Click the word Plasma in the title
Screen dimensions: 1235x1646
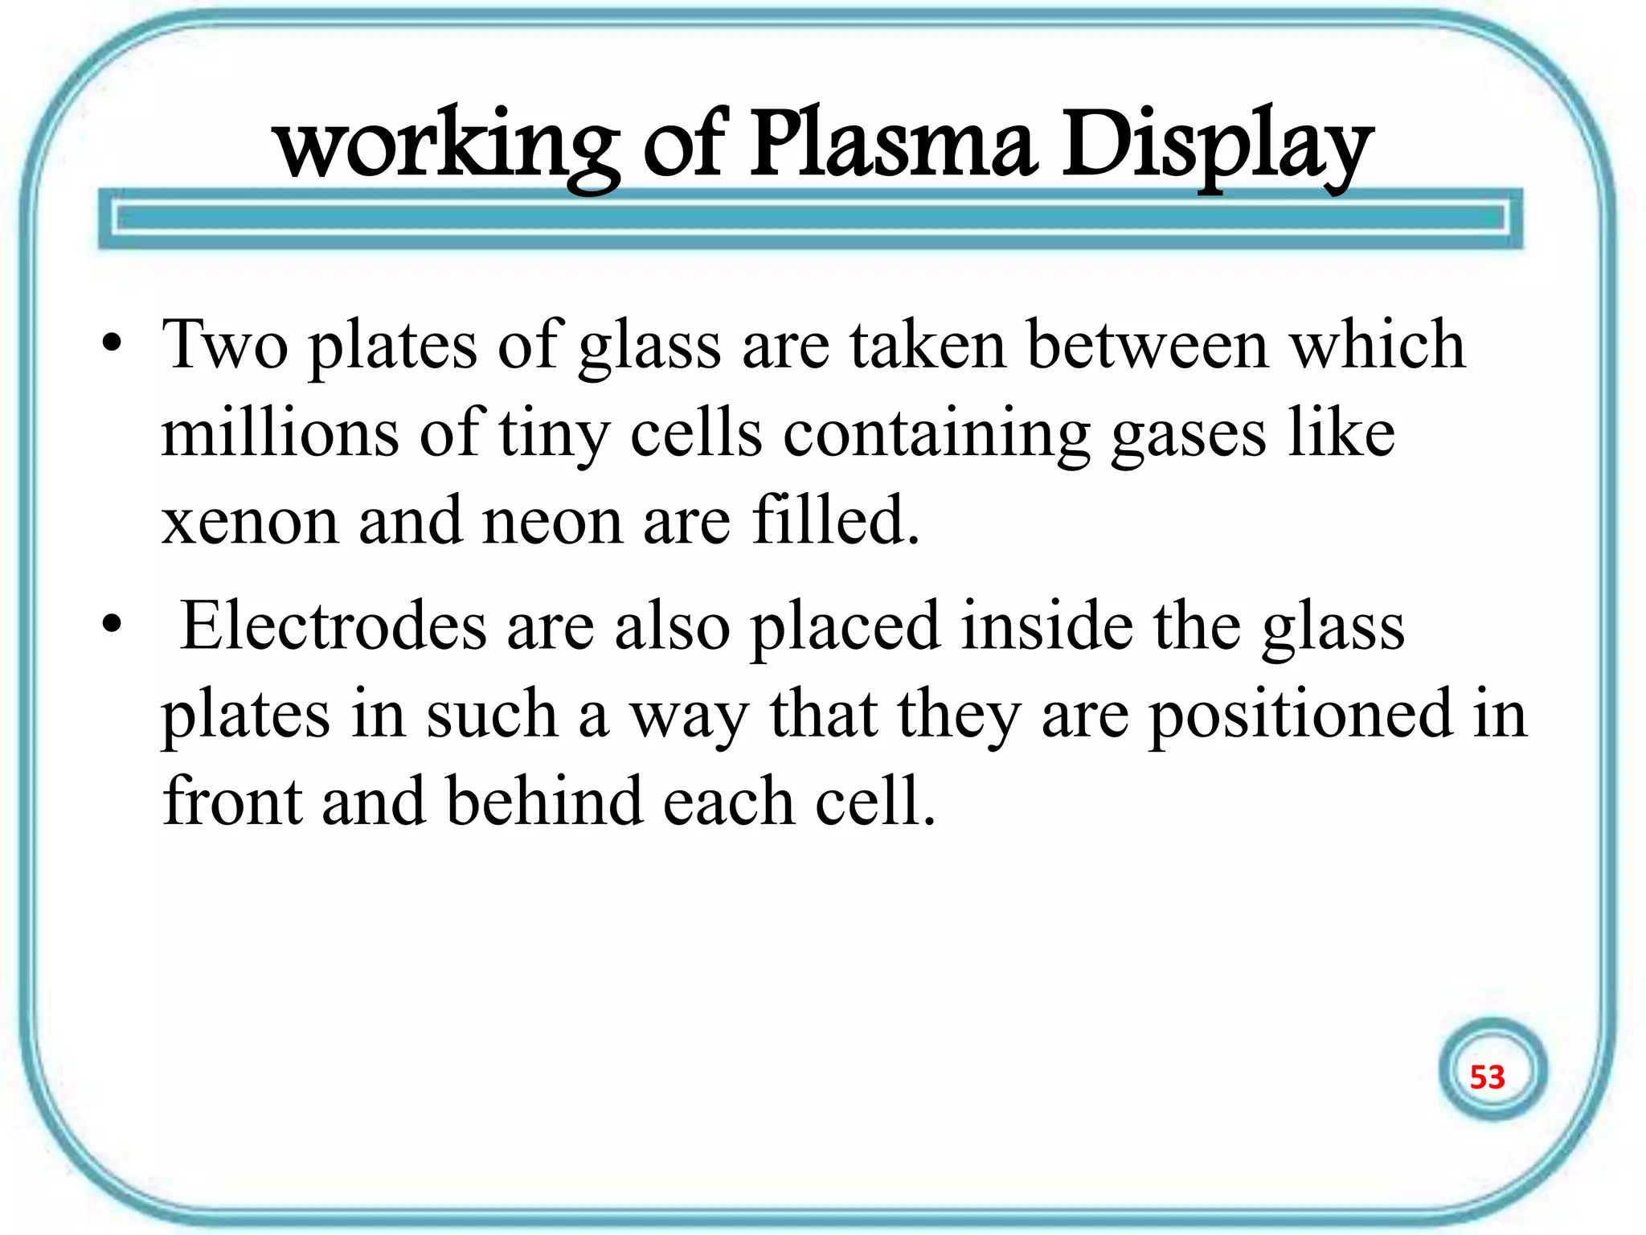(892, 146)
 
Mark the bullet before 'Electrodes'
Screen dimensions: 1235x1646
(113, 626)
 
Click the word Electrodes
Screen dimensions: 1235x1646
(334, 626)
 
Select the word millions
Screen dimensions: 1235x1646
(280, 434)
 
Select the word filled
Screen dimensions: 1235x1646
(836, 521)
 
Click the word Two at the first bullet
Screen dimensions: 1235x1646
(225, 346)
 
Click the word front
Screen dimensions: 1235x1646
(232, 802)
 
